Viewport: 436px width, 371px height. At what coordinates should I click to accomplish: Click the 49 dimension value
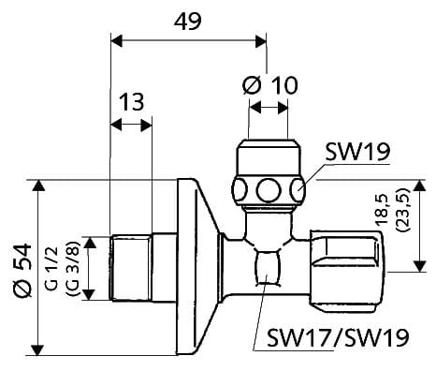pos(188,22)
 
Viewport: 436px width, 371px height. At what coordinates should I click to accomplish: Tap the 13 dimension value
pos(132,102)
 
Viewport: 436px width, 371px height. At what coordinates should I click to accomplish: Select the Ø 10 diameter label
pos(270,85)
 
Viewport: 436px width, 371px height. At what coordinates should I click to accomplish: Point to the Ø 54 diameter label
pos(23,271)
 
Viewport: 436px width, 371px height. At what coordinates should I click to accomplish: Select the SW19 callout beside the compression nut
pos(357,152)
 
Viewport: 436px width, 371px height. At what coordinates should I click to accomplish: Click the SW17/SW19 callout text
pos(338,337)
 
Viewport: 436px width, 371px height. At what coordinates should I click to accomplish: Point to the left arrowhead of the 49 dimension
pos(117,41)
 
